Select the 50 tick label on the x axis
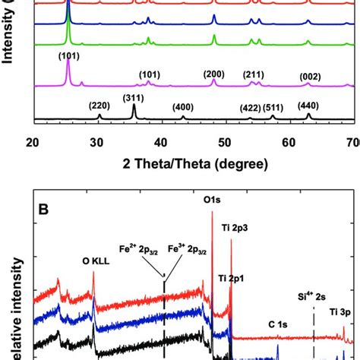click(x=224, y=141)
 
